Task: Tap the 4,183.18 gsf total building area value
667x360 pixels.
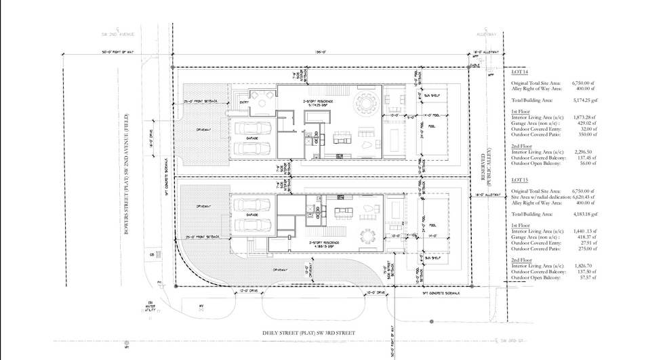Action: [578, 214]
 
